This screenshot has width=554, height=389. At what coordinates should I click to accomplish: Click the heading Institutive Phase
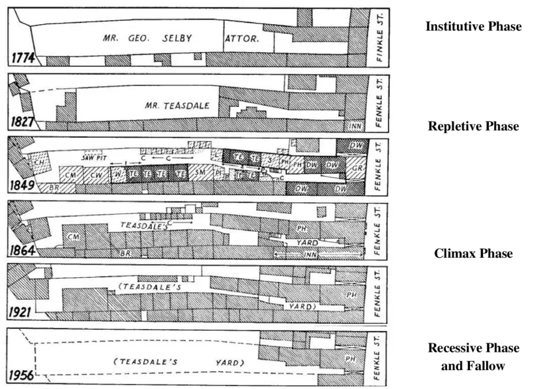[x=473, y=27]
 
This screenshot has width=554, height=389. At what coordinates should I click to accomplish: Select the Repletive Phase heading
[x=473, y=127]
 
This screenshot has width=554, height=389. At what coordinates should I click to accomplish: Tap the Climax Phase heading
[x=473, y=254]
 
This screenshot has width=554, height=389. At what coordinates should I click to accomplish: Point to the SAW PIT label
[x=93, y=157]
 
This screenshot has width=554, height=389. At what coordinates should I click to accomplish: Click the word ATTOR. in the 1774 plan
[x=242, y=39]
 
